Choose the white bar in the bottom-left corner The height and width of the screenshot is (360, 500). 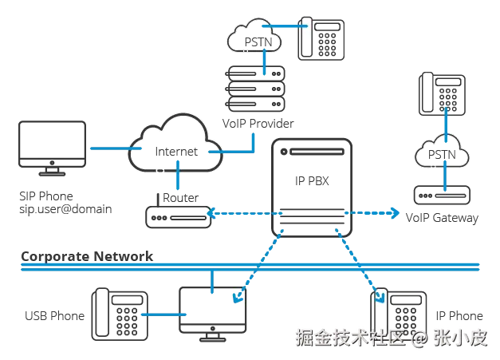[101, 313]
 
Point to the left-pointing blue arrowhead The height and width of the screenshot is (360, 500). [210, 213]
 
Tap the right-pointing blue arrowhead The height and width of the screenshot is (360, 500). [395, 213]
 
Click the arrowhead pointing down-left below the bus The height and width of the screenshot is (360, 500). [237, 299]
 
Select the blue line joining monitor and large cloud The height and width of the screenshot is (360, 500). [108, 149]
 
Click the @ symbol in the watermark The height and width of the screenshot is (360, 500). [420, 338]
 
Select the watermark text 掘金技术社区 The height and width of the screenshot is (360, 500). [350, 338]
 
